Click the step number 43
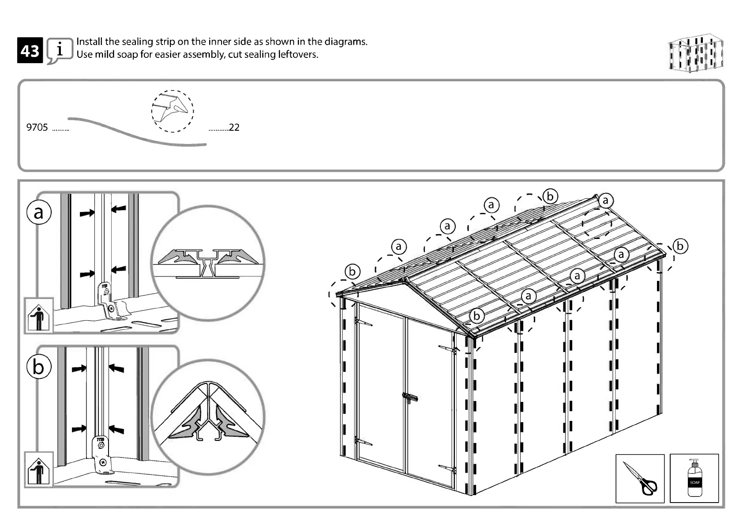[30, 51]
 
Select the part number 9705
[37, 128]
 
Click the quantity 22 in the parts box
[234, 128]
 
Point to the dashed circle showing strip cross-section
[173, 111]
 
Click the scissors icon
[640, 478]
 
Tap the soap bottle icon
[694, 478]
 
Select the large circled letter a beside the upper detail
[39, 212]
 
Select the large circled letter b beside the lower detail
[39, 367]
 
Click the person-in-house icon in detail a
[39, 316]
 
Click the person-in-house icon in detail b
[39, 470]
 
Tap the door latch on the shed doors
[410, 397]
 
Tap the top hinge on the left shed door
[363, 322]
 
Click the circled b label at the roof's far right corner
[680, 246]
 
